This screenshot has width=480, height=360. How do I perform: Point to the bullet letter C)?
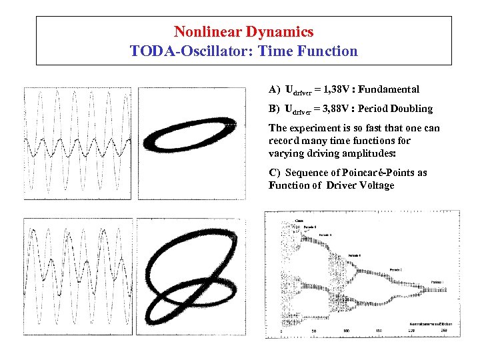tap(273, 173)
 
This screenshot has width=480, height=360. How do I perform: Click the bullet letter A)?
tap(274, 89)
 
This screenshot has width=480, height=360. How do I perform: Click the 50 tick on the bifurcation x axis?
tap(313, 331)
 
